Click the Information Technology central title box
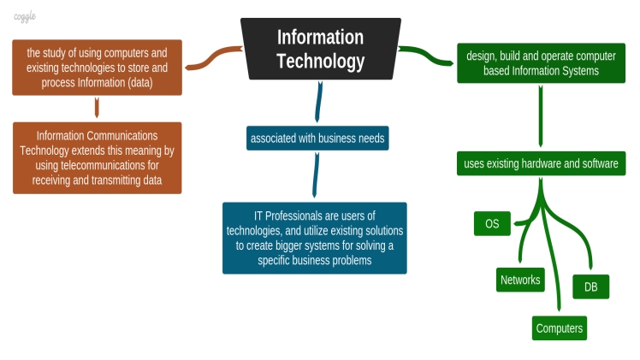[x=320, y=49]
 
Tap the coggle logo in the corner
[x=25, y=17]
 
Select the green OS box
[x=492, y=224]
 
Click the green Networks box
[x=520, y=280]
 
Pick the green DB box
[x=590, y=287]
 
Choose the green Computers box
[x=560, y=328]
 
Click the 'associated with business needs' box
[x=317, y=138]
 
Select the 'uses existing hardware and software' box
[x=540, y=163]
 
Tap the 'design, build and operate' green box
[x=540, y=63]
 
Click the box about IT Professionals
[x=314, y=238]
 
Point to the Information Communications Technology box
[x=97, y=157]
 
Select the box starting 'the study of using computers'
[x=97, y=66]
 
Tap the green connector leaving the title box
[x=427, y=56]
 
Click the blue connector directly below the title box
[x=319, y=101]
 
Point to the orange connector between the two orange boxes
[x=97, y=108]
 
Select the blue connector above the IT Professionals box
[x=317, y=175]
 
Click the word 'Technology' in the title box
[x=320, y=61]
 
